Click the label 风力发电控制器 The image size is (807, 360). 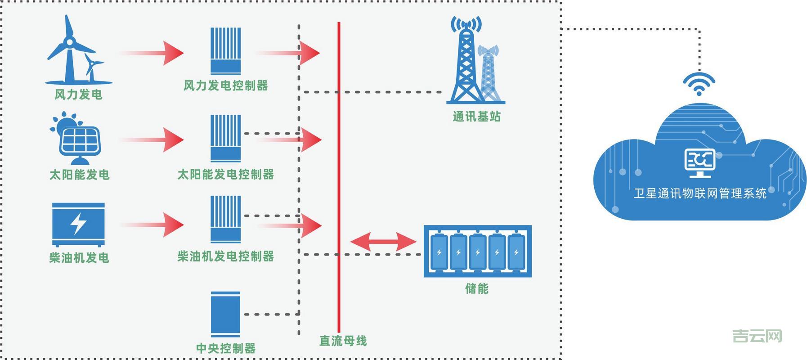225,85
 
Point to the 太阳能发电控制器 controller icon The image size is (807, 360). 226,138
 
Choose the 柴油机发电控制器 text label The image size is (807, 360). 225,256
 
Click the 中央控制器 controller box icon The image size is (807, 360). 225,314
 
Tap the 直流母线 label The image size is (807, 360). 343,341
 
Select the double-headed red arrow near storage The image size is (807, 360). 383,242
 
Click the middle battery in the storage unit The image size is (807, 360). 478,252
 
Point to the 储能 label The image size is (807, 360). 477,288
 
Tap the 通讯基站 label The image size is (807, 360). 476,117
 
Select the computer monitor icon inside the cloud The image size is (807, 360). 700,162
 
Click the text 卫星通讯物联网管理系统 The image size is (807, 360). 700,193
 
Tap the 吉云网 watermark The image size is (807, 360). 757,336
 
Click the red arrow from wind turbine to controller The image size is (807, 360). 152,53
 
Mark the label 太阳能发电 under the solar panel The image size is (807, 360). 80,175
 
